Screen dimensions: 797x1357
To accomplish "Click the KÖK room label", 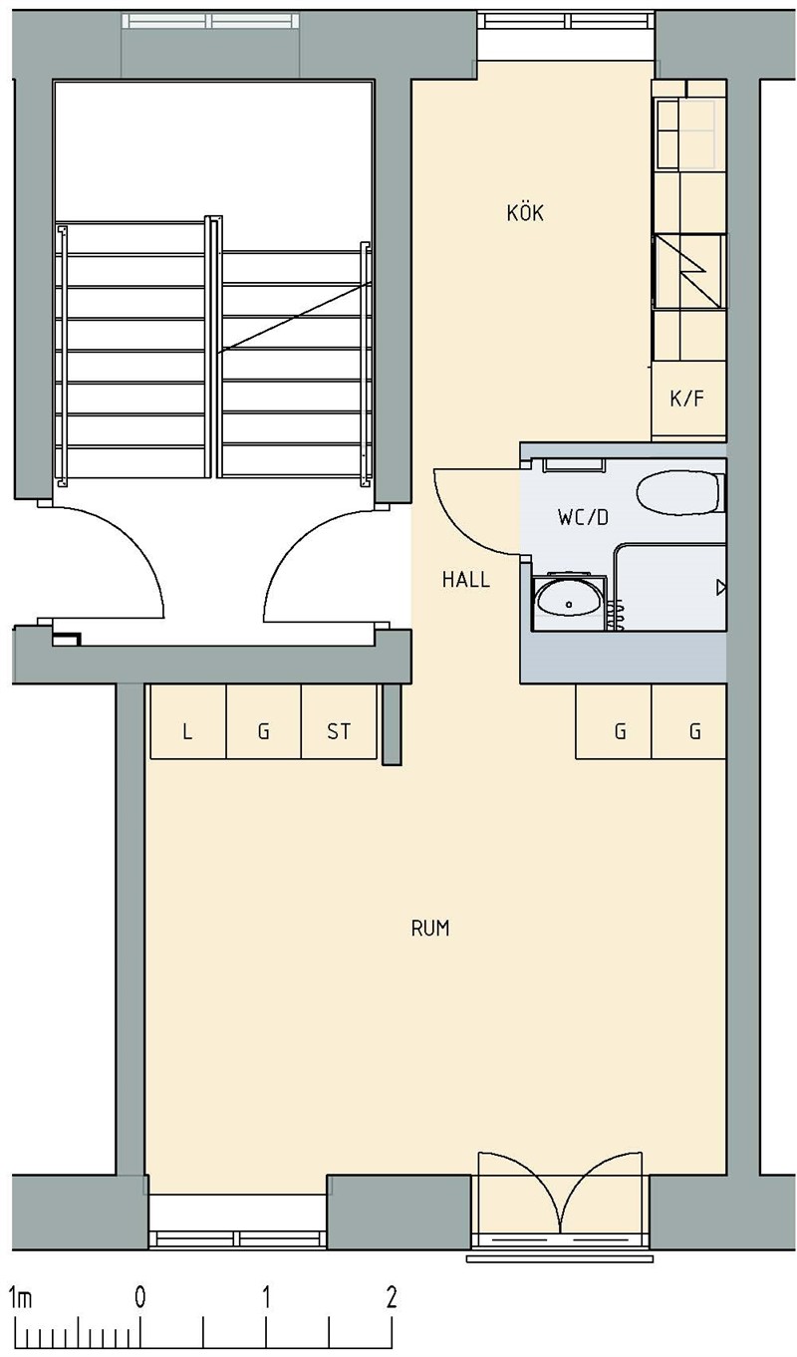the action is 525,212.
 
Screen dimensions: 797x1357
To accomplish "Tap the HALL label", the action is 465,580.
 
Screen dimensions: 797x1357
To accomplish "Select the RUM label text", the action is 430,929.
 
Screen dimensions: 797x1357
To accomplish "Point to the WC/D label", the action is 583,517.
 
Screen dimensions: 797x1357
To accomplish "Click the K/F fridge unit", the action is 688,400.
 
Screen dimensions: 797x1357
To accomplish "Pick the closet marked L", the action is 187,721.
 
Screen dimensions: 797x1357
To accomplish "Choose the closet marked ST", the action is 339,721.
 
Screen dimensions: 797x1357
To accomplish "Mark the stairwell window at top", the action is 211,22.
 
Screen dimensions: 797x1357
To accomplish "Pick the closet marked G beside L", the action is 263,721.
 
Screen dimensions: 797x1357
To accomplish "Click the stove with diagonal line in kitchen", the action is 689,272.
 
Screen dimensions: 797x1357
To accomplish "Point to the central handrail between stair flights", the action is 213,347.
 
